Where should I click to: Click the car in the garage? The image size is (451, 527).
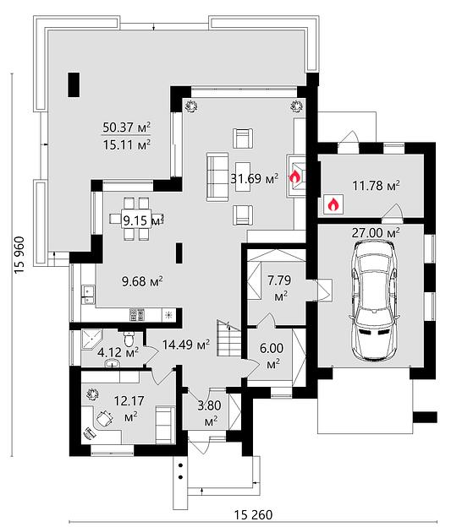(x=375, y=301)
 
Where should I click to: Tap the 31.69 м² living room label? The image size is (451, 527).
(x=255, y=178)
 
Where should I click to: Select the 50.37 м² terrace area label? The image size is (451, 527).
(x=126, y=128)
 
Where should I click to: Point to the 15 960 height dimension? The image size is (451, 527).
(x=19, y=255)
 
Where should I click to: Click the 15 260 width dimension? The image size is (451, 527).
(x=253, y=514)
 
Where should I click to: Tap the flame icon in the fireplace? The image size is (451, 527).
(x=294, y=176)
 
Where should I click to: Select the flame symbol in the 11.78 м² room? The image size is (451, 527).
(x=333, y=204)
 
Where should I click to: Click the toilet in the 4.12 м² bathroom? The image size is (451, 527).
(x=129, y=339)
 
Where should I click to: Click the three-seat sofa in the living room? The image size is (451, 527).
(x=217, y=177)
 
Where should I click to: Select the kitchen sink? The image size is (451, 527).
(x=88, y=295)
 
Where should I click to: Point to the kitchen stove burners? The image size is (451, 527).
(x=137, y=314)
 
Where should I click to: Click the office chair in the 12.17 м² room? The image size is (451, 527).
(x=105, y=419)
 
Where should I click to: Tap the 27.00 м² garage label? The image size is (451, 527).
(x=376, y=232)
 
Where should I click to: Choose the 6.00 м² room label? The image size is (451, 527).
(x=272, y=356)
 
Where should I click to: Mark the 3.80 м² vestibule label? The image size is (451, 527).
(x=209, y=413)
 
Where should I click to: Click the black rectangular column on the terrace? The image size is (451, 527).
(x=74, y=84)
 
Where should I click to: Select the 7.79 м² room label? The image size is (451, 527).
(x=279, y=288)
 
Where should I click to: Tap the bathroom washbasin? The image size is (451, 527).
(x=113, y=363)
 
